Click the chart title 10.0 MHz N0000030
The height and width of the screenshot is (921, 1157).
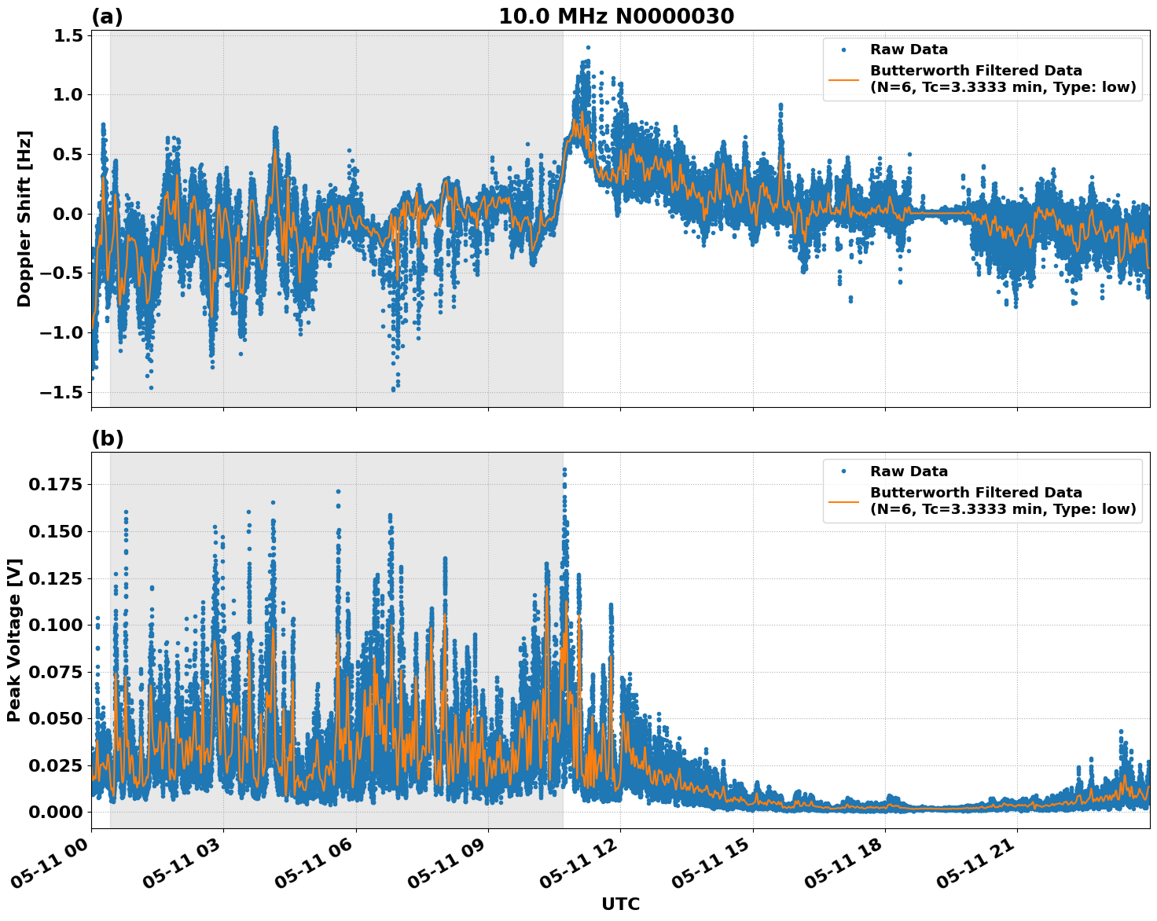tap(616, 17)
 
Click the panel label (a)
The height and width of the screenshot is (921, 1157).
tap(107, 17)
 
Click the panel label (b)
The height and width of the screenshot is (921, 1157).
tap(107, 438)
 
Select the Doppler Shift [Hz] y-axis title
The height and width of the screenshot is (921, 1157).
tap(24, 218)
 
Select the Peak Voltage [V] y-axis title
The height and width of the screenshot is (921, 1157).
tap(14, 640)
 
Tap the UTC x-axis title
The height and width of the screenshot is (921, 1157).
tap(620, 904)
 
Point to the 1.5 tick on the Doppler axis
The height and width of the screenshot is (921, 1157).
tap(69, 35)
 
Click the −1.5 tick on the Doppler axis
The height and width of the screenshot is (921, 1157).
tap(63, 392)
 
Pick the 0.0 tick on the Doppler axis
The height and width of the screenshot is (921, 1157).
tap(69, 214)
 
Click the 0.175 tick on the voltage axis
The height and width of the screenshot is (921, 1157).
tap(55, 485)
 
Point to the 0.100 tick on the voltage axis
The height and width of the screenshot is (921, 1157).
tap(55, 626)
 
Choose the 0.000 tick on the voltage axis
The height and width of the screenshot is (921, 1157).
tap(55, 812)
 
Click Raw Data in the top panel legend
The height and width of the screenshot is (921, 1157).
tap(909, 50)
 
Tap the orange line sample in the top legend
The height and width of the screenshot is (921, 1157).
tap(844, 79)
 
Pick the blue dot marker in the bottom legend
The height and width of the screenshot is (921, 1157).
tap(844, 472)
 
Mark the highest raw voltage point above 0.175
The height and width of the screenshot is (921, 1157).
tap(564, 470)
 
